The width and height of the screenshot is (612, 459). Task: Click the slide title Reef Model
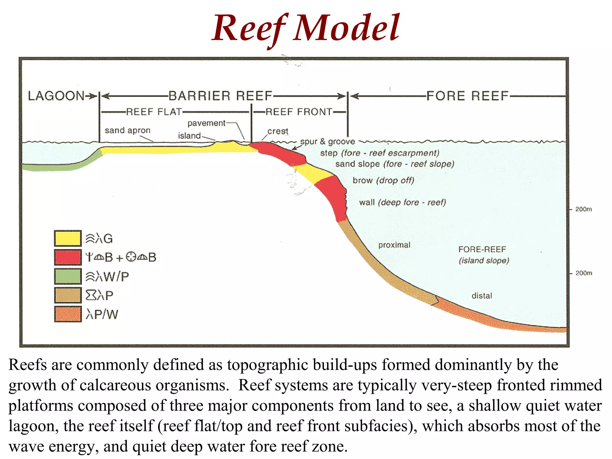pyautogui.click(x=305, y=28)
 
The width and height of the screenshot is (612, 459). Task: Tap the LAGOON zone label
pyautogui.click(x=56, y=96)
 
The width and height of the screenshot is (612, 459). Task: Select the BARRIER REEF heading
pyautogui.click(x=220, y=96)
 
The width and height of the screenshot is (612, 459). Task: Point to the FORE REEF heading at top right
pyautogui.click(x=467, y=96)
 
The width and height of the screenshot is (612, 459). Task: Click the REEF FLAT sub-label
pyautogui.click(x=154, y=112)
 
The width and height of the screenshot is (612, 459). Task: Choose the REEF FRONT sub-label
pyautogui.click(x=299, y=112)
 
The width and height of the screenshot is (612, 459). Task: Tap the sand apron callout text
pyautogui.click(x=128, y=130)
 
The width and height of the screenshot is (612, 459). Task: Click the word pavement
pyautogui.click(x=206, y=123)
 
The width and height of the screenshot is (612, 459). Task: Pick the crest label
pyautogui.click(x=278, y=131)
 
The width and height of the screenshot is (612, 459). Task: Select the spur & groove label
pyautogui.click(x=328, y=141)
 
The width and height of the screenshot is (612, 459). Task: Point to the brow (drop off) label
pyautogui.click(x=383, y=180)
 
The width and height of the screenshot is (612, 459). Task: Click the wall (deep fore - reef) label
pyautogui.click(x=403, y=203)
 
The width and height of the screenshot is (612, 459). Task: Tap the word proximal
pyautogui.click(x=394, y=245)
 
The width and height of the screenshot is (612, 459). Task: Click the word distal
pyautogui.click(x=482, y=296)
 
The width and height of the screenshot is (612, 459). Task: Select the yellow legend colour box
pyautogui.click(x=68, y=238)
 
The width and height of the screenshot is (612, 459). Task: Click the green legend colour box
pyautogui.click(x=68, y=276)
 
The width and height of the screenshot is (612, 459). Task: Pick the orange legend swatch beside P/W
pyautogui.click(x=68, y=314)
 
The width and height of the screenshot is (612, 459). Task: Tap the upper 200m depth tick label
pyautogui.click(x=583, y=209)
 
